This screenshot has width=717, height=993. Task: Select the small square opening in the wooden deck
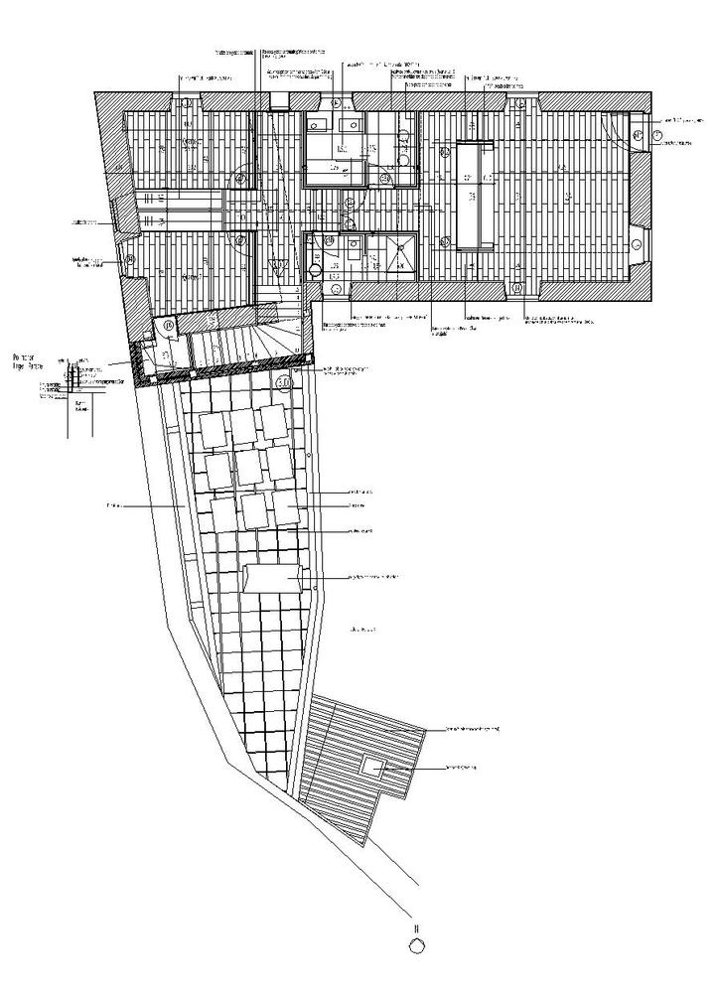374,766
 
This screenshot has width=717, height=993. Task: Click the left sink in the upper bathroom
319,126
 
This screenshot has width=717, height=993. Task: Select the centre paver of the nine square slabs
250,465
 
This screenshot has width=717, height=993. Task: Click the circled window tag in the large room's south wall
518,288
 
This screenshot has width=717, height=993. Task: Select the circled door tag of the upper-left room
241,179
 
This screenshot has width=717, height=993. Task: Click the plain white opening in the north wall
279,99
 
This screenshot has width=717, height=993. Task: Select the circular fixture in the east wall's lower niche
636,241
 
